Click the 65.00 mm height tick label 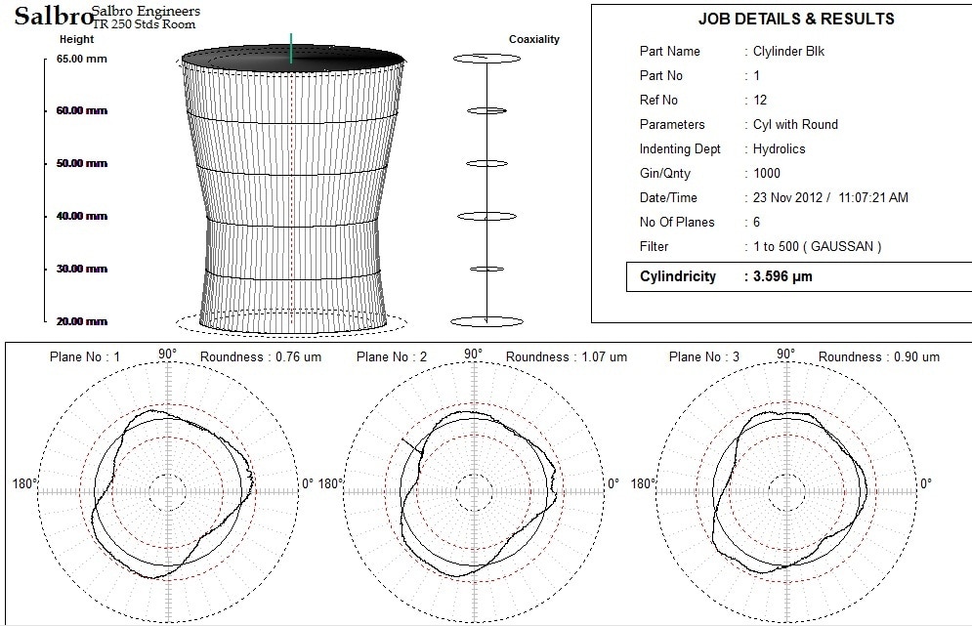click(82, 59)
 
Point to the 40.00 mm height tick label click(82, 216)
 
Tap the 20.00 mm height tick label click(82, 321)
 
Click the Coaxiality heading click(534, 39)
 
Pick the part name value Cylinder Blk click(789, 51)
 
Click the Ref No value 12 click(760, 100)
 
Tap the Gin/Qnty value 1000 click(767, 173)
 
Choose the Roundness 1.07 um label click(567, 356)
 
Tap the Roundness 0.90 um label click(879, 356)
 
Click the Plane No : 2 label click(393, 356)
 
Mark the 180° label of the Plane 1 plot click(24, 483)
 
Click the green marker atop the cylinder click(291, 47)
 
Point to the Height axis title click(77, 39)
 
